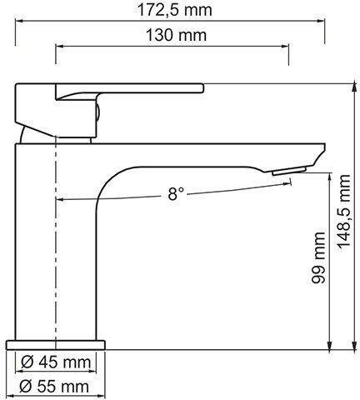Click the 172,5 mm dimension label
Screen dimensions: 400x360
178,9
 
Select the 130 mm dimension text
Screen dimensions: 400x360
171,36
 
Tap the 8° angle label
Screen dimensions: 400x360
174,194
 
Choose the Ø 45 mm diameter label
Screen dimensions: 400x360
55,364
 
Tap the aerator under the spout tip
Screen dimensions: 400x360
288,171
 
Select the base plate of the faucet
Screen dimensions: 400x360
57,343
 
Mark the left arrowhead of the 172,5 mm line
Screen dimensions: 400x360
17,21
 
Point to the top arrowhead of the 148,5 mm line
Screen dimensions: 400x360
332,86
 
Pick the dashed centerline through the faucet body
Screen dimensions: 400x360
56,250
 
